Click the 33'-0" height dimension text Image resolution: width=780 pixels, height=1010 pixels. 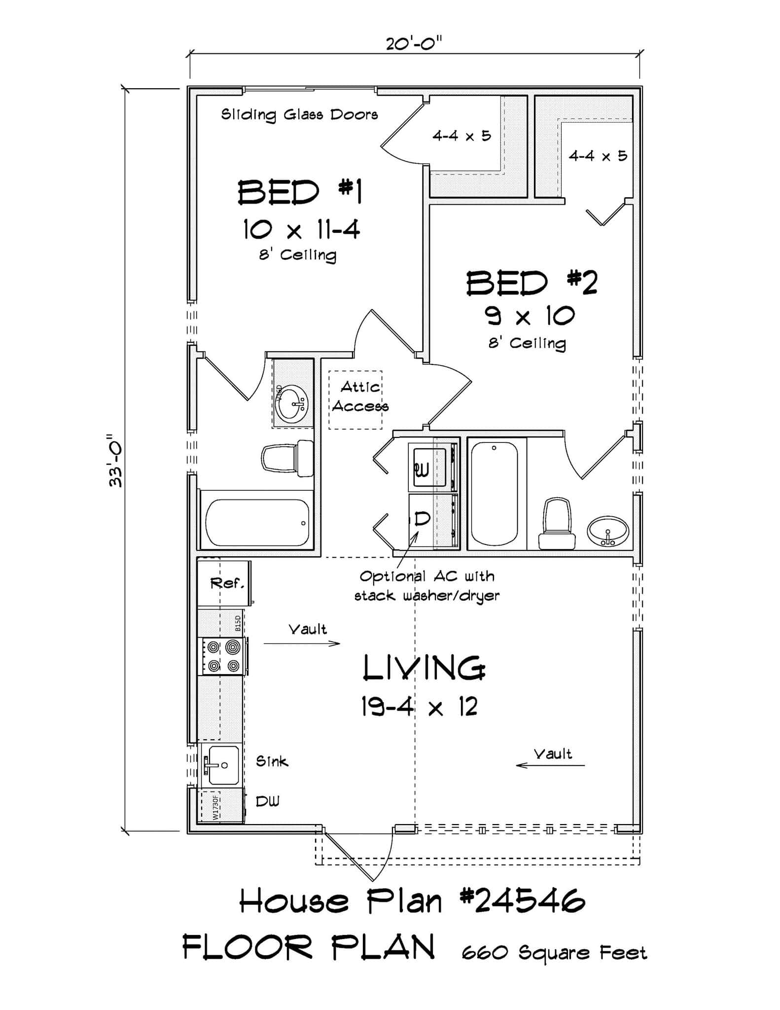(116, 461)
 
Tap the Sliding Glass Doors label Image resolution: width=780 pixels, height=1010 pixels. (299, 115)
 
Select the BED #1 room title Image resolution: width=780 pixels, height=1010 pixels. (300, 192)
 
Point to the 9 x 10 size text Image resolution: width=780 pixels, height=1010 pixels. (531, 316)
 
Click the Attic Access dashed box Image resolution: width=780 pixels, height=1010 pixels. (356, 399)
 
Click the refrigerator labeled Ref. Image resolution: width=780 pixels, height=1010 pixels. (224, 583)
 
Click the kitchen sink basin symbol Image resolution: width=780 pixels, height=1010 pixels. (223, 765)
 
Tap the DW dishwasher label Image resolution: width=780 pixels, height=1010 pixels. (267, 802)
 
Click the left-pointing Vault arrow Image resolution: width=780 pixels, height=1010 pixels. (550, 765)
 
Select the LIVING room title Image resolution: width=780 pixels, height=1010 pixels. (423, 669)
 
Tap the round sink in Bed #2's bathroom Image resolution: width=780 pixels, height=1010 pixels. (607, 532)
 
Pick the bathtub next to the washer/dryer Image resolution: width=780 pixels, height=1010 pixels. (494, 493)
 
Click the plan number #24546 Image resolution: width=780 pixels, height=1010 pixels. (523, 902)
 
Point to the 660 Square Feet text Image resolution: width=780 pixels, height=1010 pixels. (554, 953)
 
